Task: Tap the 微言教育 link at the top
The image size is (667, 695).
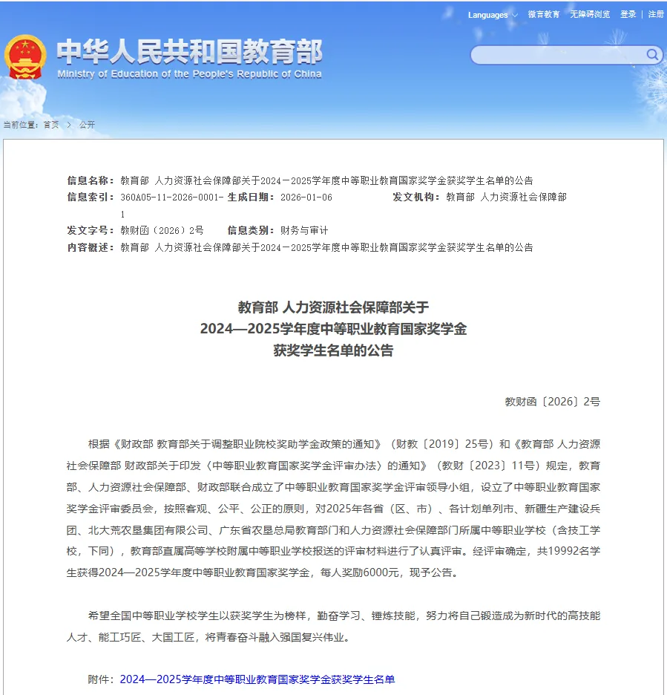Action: click(x=544, y=15)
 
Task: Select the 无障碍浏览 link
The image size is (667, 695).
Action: click(x=590, y=15)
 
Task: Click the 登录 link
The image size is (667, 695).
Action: click(x=628, y=15)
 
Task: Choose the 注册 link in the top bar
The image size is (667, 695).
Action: click(x=656, y=15)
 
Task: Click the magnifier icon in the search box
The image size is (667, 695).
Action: click(x=652, y=54)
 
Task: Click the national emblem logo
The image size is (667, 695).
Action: click(x=25, y=56)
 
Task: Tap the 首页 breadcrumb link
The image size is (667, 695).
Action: click(x=51, y=125)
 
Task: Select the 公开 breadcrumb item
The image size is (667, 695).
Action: click(x=88, y=125)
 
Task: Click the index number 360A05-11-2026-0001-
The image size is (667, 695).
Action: click(x=171, y=198)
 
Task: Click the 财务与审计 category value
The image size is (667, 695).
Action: click(x=303, y=231)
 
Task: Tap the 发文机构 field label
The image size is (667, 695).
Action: click(x=416, y=198)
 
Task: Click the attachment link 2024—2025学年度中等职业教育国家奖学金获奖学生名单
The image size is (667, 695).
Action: click(x=257, y=679)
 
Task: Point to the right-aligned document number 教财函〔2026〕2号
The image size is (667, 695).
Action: click(x=552, y=402)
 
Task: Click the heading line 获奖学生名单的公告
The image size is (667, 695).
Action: click(x=333, y=350)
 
